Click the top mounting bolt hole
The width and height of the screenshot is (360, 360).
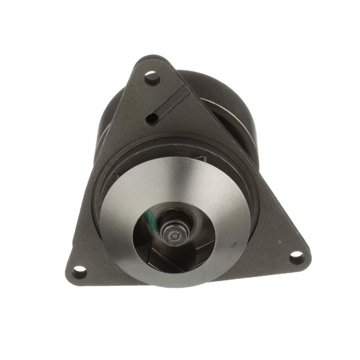[152, 77]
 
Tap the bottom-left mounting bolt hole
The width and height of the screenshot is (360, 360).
[79, 271]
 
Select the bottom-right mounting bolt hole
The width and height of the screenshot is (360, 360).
[296, 257]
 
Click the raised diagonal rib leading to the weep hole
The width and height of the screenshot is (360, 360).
[169, 102]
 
